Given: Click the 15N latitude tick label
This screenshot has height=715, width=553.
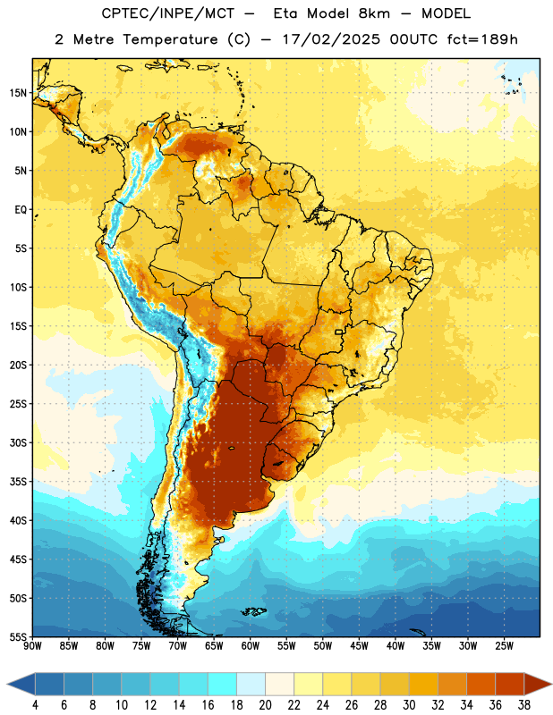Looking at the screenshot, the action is tap(18, 93).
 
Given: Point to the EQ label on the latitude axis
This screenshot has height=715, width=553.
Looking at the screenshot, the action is tap(21, 210).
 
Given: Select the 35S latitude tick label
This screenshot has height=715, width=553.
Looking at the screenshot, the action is tap(18, 482).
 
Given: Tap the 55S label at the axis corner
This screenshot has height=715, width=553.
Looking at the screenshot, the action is tap(18, 636).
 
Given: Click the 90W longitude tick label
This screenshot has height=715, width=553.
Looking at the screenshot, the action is tap(32, 645).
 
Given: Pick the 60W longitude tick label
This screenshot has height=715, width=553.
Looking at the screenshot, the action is tap(251, 645).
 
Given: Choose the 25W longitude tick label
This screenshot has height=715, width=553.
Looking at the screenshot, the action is tap(504, 645).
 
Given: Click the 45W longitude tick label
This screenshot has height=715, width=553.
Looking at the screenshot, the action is tap(359, 645).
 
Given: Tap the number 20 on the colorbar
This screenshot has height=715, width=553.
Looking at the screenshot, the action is tap(265, 705).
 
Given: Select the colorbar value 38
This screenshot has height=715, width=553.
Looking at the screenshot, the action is tap(524, 705).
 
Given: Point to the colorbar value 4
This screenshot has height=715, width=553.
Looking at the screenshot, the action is tap(35, 705).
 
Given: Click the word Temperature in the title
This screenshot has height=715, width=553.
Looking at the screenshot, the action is tap(170, 39).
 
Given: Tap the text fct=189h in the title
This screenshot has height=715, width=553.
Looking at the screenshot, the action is tap(482, 39).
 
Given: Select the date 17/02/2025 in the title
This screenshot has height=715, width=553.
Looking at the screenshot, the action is tap(331, 39).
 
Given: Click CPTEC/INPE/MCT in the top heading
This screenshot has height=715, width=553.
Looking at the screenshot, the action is tap(167, 13).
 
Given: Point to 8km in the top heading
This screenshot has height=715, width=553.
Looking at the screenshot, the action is tap(374, 13).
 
